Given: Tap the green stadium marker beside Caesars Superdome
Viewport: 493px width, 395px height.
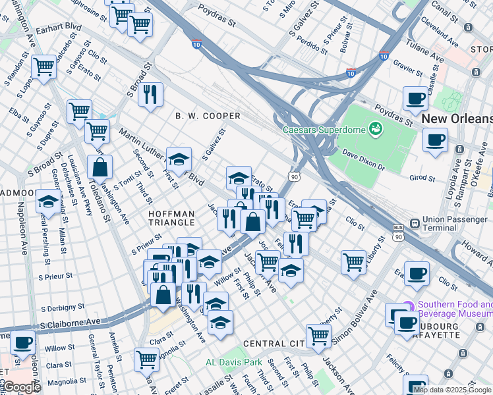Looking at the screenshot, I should pos(376,128).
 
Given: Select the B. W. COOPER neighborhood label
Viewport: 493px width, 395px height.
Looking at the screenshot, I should pos(208,116).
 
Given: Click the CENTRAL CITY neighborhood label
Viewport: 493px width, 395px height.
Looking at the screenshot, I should pos(272,344).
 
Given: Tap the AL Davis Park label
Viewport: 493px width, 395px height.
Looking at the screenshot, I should pos(233,362).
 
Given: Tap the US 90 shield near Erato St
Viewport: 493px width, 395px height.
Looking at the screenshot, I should pos(294,177).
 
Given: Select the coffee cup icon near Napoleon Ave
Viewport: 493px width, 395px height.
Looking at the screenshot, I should pos(22,343).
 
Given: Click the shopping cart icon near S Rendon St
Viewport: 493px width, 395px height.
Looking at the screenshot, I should pos(43,66).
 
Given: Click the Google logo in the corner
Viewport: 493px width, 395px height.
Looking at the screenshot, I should pos(21,387).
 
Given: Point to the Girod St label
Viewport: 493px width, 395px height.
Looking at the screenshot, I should pos(424,178).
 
